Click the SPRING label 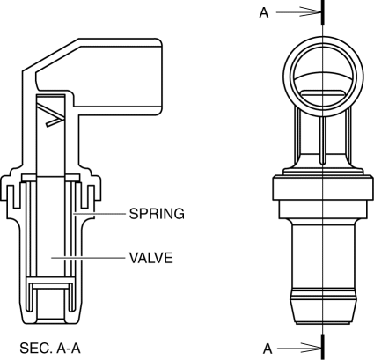pos(157,214)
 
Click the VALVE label pos(151,258)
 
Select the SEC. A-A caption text pos(50,349)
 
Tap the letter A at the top pos(264,12)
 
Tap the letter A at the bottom pos(268,349)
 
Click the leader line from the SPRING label pos(99,214)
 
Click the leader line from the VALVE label pos(89,258)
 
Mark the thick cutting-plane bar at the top pos(323,11)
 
